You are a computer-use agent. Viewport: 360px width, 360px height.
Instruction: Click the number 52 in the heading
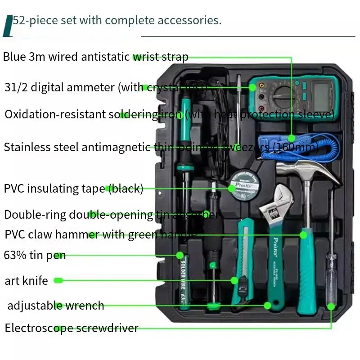(19, 20)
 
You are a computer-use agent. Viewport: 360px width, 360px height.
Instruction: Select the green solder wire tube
(184, 279)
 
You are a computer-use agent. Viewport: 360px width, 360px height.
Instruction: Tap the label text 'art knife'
(26, 281)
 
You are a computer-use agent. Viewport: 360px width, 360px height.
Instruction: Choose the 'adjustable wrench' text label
(55, 306)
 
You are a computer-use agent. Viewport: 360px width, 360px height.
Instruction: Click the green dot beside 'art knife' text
(57, 281)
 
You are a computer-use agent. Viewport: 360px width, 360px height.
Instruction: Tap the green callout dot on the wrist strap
(292, 139)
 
